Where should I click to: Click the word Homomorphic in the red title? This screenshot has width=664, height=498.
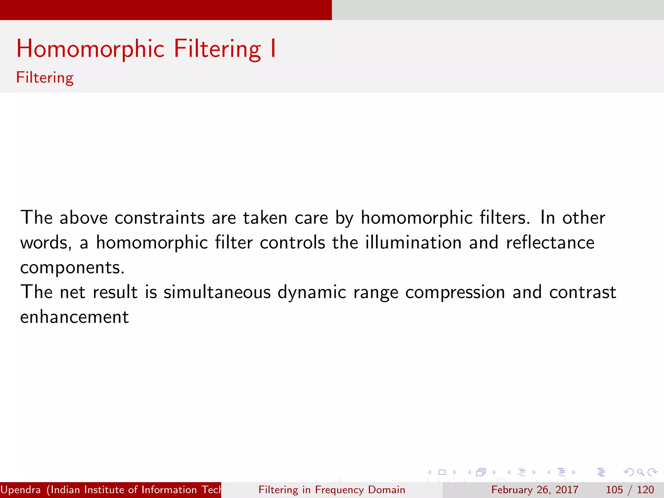[90, 49]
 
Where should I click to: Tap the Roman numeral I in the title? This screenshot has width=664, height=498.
[273, 49]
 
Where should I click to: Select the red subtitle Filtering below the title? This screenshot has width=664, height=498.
[45, 78]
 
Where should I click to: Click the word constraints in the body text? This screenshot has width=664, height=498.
[160, 218]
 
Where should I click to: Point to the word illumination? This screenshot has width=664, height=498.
[413, 243]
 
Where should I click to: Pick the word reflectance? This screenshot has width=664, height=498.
[550, 243]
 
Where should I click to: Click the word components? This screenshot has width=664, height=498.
[72, 268]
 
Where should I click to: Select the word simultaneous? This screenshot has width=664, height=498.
[217, 292]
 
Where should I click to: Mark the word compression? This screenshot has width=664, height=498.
[455, 293]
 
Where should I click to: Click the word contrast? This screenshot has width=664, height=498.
[583, 292]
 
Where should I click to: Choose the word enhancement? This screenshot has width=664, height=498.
[75, 317]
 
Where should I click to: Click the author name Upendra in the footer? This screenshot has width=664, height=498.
[21, 490]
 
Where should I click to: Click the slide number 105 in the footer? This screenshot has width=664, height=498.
[614, 490]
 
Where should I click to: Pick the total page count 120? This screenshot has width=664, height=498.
[646, 490]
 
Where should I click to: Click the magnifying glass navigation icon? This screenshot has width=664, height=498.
[640, 472]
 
